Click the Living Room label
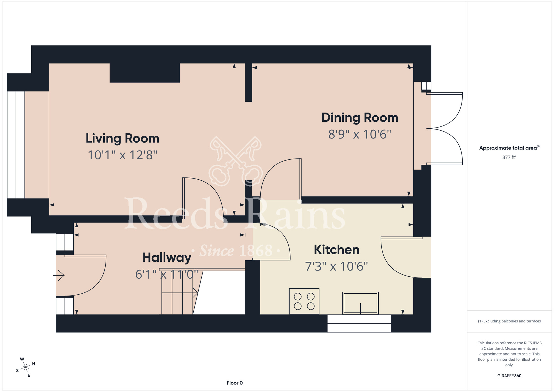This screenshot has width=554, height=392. coord(122,138)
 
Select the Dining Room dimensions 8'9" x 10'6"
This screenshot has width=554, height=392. coord(360,134)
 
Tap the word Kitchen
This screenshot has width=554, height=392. coord(336,250)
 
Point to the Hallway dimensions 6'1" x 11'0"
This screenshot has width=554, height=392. coord(166,274)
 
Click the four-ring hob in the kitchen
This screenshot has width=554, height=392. coord(304,301)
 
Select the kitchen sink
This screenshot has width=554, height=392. coord(360,303)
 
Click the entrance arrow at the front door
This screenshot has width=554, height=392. coord(59,275)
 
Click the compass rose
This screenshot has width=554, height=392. coord(25,367)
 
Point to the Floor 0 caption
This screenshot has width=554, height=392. coord(235,383)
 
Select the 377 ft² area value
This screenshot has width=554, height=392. coord(509,157)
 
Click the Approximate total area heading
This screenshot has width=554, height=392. coord(509,148)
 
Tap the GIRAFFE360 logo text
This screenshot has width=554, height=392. coord(509,376)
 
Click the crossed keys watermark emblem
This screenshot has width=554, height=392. coord(235,161)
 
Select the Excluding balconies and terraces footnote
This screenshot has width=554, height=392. coord(509,321)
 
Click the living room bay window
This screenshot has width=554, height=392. coord(16,145)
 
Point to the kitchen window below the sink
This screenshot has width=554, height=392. coord(359,323)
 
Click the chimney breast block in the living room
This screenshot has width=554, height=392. coord(145,73)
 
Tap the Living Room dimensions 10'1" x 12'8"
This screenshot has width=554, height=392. coord(122,155)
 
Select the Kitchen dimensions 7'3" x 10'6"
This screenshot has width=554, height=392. coord(336,266)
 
